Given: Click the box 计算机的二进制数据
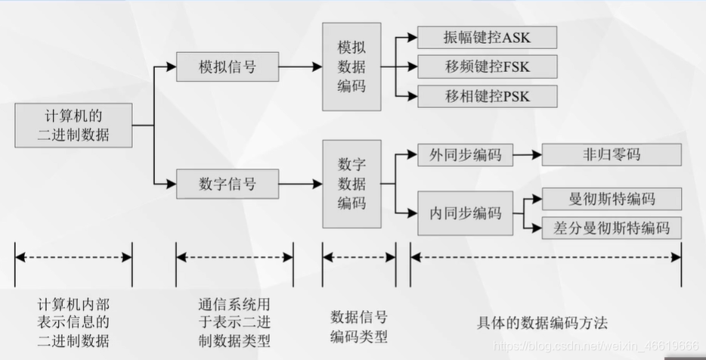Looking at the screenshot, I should tap(73, 126).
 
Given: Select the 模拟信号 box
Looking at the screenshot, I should tap(227, 67).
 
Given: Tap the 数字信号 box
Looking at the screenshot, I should tap(227, 183).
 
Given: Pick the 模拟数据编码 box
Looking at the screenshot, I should tap(351, 67).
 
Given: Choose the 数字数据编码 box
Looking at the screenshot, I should tap(351, 183).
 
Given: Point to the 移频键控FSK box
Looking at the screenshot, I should tap(487, 67).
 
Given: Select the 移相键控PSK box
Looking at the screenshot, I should tap(487, 96).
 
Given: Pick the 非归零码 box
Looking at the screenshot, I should tap(612, 154).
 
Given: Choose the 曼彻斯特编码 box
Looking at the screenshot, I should tap(612, 199).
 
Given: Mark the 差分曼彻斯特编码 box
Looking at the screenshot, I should tap(612, 227).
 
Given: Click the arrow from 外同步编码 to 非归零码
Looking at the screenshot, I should tap(527, 154).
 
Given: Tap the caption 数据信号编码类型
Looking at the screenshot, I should tap(360, 325).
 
